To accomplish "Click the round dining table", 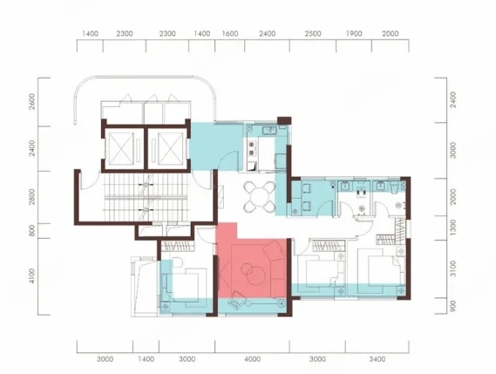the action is click(260, 196).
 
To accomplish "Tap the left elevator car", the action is click(121, 149).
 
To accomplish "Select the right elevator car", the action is click(171, 149).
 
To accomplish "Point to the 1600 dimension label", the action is click(230, 33).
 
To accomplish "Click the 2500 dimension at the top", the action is click(313, 33).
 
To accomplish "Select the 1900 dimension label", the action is click(354, 33).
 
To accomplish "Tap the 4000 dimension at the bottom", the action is click(253, 359).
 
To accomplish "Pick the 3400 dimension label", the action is click(377, 359).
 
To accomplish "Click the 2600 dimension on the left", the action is click(31, 102).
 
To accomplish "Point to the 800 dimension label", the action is click(31, 231).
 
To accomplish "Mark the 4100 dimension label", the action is click(31, 275).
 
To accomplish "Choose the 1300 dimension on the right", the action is click(453, 228).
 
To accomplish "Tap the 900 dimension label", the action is click(453, 306).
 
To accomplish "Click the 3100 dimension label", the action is click(453, 269).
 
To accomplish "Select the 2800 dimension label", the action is click(31, 197).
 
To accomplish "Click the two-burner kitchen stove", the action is click(252, 149).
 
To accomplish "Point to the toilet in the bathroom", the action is click(395, 187).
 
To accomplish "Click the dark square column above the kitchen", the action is click(284, 120).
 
